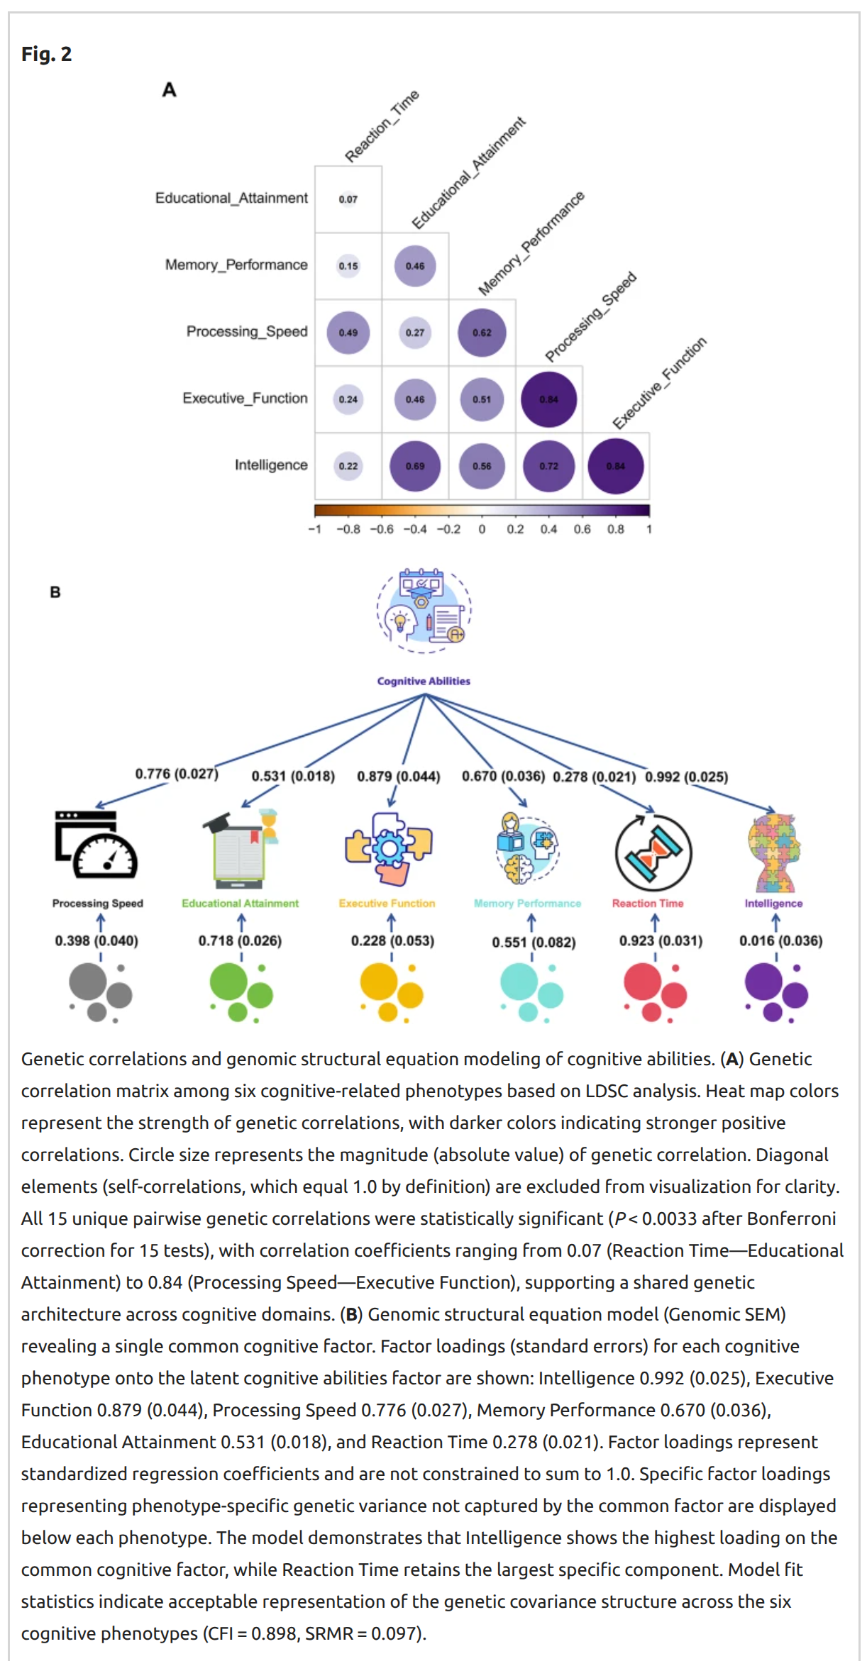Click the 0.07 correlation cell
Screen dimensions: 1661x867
click(x=348, y=199)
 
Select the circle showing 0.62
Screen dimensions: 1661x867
click(x=482, y=332)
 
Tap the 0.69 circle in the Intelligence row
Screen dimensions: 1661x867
click(x=415, y=466)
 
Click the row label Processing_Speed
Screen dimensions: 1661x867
click(x=247, y=331)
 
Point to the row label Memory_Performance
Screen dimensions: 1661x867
click(x=236, y=265)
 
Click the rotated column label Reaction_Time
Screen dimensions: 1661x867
click(x=382, y=126)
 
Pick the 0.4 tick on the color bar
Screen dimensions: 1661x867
click(x=548, y=529)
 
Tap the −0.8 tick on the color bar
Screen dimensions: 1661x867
click(x=348, y=529)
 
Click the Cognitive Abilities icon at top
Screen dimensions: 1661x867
click(x=424, y=610)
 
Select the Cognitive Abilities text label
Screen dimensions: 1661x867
click(x=424, y=681)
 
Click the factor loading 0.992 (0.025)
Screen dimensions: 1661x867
click(x=686, y=777)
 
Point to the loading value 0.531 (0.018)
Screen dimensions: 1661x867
click(x=293, y=776)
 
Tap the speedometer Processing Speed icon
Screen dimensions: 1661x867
click(x=96, y=845)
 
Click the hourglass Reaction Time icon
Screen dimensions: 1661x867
click(x=653, y=852)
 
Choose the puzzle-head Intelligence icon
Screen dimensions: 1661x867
click(x=773, y=852)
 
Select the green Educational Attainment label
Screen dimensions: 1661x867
click(x=240, y=904)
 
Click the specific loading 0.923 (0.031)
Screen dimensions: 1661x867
click(x=661, y=940)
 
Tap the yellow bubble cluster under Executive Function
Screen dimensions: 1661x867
click(x=390, y=991)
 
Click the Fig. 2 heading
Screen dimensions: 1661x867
click(x=46, y=54)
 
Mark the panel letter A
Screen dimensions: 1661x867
click(x=169, y=90)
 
